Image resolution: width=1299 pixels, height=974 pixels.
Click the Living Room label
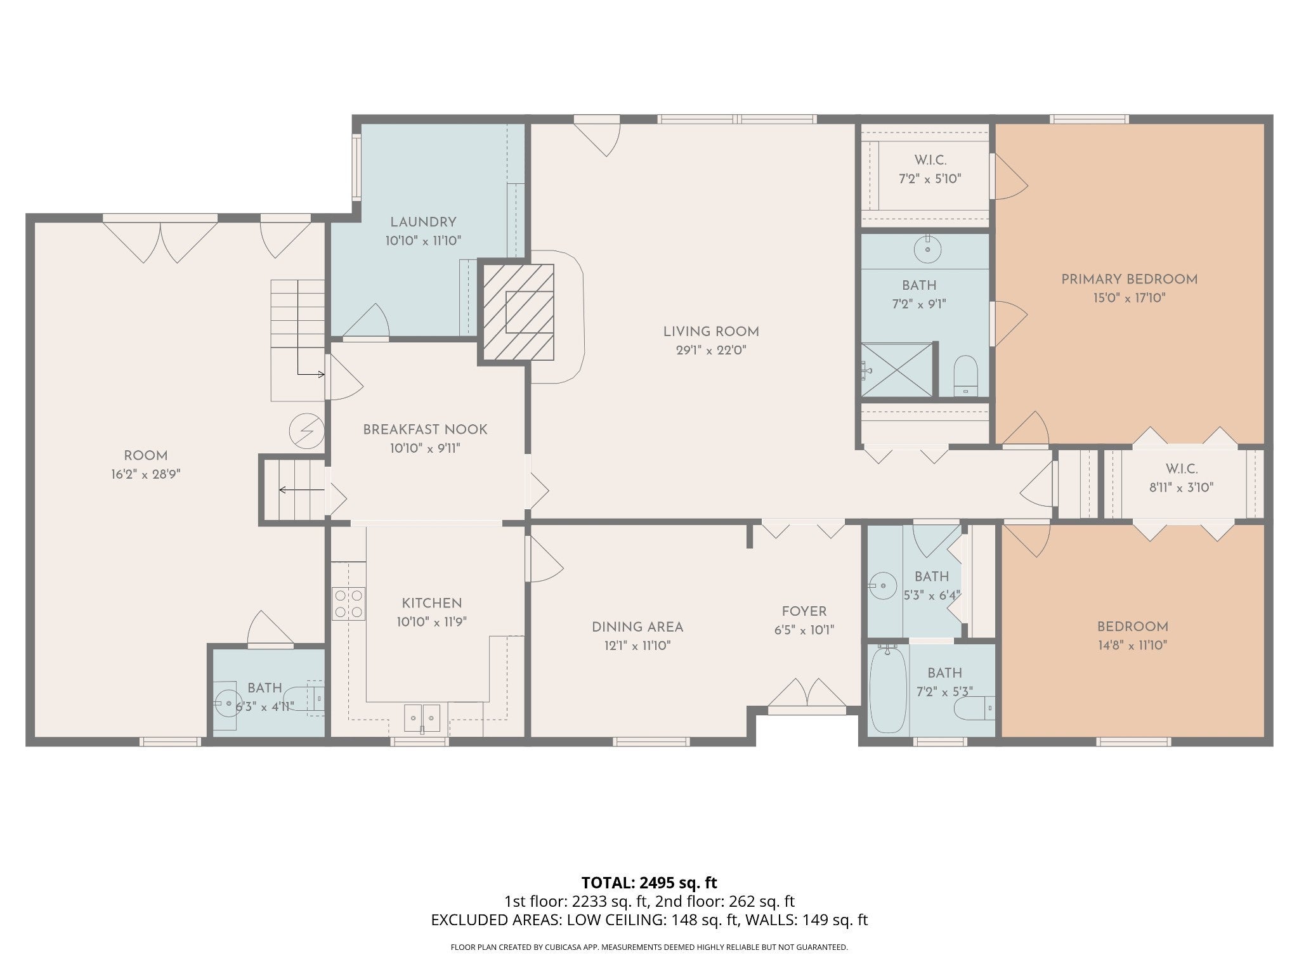click(711, 332)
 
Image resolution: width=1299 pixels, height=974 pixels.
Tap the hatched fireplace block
click(519, 312)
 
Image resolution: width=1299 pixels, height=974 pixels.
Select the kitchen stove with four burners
click(349, 604)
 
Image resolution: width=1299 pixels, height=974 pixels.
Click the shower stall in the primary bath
click(897, 370)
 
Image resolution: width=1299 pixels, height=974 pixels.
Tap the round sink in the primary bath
click(927, 249)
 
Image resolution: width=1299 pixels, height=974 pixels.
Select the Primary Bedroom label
click(1130, 280)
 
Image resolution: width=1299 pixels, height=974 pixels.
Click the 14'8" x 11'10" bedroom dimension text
click(1132, 646)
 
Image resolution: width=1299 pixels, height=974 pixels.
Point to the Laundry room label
click(423, 223)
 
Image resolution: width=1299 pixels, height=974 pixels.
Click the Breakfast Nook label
click(425, 430)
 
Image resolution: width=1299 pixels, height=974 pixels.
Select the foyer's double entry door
click(807, 692)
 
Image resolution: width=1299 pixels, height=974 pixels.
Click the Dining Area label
click(637, 627)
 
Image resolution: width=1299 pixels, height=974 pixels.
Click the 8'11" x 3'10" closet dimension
click(1181, 488)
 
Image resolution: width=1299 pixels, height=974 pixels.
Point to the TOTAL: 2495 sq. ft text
click(649, 883)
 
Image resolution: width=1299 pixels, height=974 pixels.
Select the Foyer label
click(804, 612)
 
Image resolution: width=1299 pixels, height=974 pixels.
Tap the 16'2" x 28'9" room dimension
click(146, 474)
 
